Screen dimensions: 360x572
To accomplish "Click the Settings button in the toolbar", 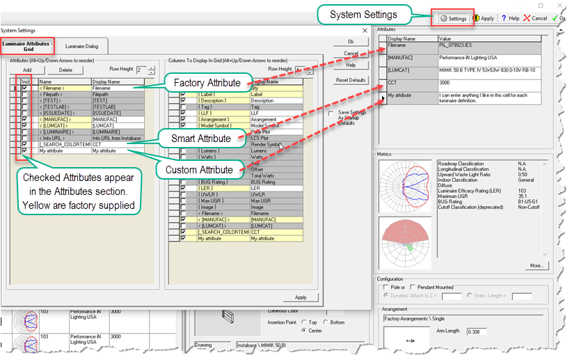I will tap(453, 19).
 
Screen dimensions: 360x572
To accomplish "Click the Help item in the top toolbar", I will tap(509, 19).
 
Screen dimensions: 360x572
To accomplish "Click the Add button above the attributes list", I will tap(27, 70).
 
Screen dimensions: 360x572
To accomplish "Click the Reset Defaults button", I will tap(351, 80).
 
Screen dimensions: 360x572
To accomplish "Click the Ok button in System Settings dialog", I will tap(351, 42).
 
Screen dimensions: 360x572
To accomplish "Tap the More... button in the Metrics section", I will tap(535, 265).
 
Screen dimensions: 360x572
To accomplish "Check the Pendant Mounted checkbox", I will tap(413, 287).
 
